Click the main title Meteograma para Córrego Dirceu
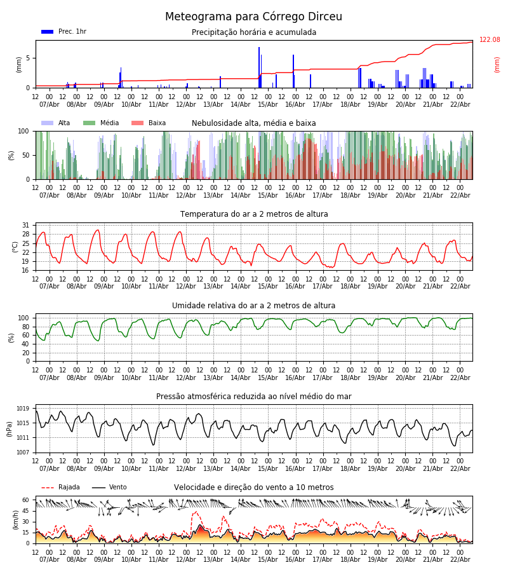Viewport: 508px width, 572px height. [253, 17]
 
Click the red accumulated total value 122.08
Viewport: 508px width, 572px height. [490, 40]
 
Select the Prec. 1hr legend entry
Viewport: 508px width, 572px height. [64, 32]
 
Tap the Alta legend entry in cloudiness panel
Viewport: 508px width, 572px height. [57, 123]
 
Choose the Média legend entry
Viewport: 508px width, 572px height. [102, 123]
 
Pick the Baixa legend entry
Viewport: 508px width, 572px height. [149, 123]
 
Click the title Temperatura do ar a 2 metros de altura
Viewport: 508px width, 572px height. [254, 214]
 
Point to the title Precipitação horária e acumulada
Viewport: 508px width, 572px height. [254, 32]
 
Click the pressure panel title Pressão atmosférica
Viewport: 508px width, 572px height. [254, 397]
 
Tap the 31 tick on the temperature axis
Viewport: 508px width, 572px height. [25, 226]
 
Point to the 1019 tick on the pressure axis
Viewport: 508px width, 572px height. [23, 409]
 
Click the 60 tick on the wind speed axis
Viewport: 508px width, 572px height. [25, 500]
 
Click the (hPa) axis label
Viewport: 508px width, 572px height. [10, 428]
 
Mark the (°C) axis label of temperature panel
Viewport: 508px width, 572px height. [15, 247]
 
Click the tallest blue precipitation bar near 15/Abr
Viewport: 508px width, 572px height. [259, 67]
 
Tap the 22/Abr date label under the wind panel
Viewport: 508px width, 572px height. [460, 559]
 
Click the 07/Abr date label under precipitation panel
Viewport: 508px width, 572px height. [50, 104]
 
